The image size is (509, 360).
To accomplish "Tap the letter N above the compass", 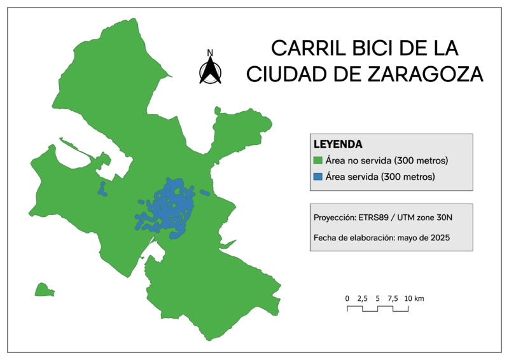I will click(x=210, y=53).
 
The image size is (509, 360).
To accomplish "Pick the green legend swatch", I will click(x=318, y=160).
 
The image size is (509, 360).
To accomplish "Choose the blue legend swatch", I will click(x=318, y=176).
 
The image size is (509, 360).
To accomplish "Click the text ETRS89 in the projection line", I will click(x=373, y=217).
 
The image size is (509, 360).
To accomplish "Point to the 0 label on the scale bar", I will click(x=347, y=298).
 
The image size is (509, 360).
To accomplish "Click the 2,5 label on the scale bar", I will click(x=362, y=298).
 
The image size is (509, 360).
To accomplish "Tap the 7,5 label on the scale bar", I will click(x=393, y=298).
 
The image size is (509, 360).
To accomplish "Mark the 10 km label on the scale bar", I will click(x=414, y=298).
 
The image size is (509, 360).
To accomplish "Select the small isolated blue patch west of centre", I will click(x=101, y=188).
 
